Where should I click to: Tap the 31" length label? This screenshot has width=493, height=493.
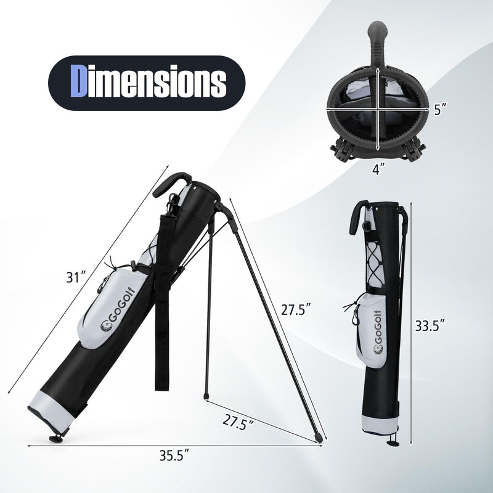pyautogui.click(x=78, y=277)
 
